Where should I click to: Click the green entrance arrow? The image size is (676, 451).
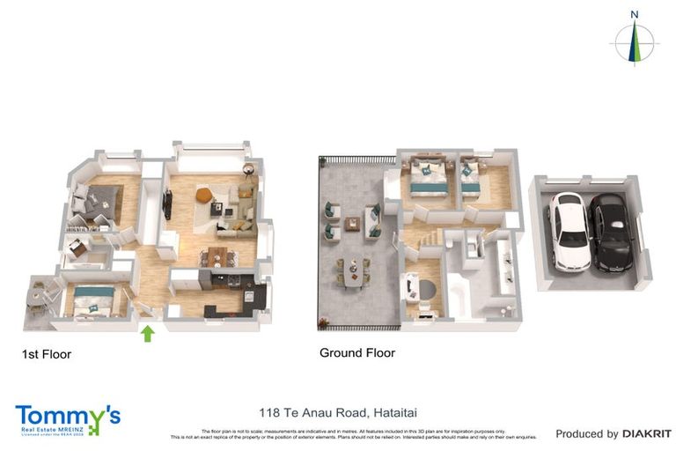(x=148, y=334)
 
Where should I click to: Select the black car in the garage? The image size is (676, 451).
(x=608, y=233)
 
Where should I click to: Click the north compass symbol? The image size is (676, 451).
(x=634, y=41)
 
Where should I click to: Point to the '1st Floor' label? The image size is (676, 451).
(x=46, y=355)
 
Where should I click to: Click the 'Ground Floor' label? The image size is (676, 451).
(x=356, y=353)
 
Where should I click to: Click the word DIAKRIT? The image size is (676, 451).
(x=647, y=433)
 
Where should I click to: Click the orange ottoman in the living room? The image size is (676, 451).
(x=203, y=195)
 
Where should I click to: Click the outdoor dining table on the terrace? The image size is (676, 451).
(x=352, y=272)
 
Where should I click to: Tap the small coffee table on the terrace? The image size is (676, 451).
(x=352, y=223)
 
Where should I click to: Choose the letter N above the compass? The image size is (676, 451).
(x=634, y=14)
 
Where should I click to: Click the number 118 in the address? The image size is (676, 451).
(x=269, y=411)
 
